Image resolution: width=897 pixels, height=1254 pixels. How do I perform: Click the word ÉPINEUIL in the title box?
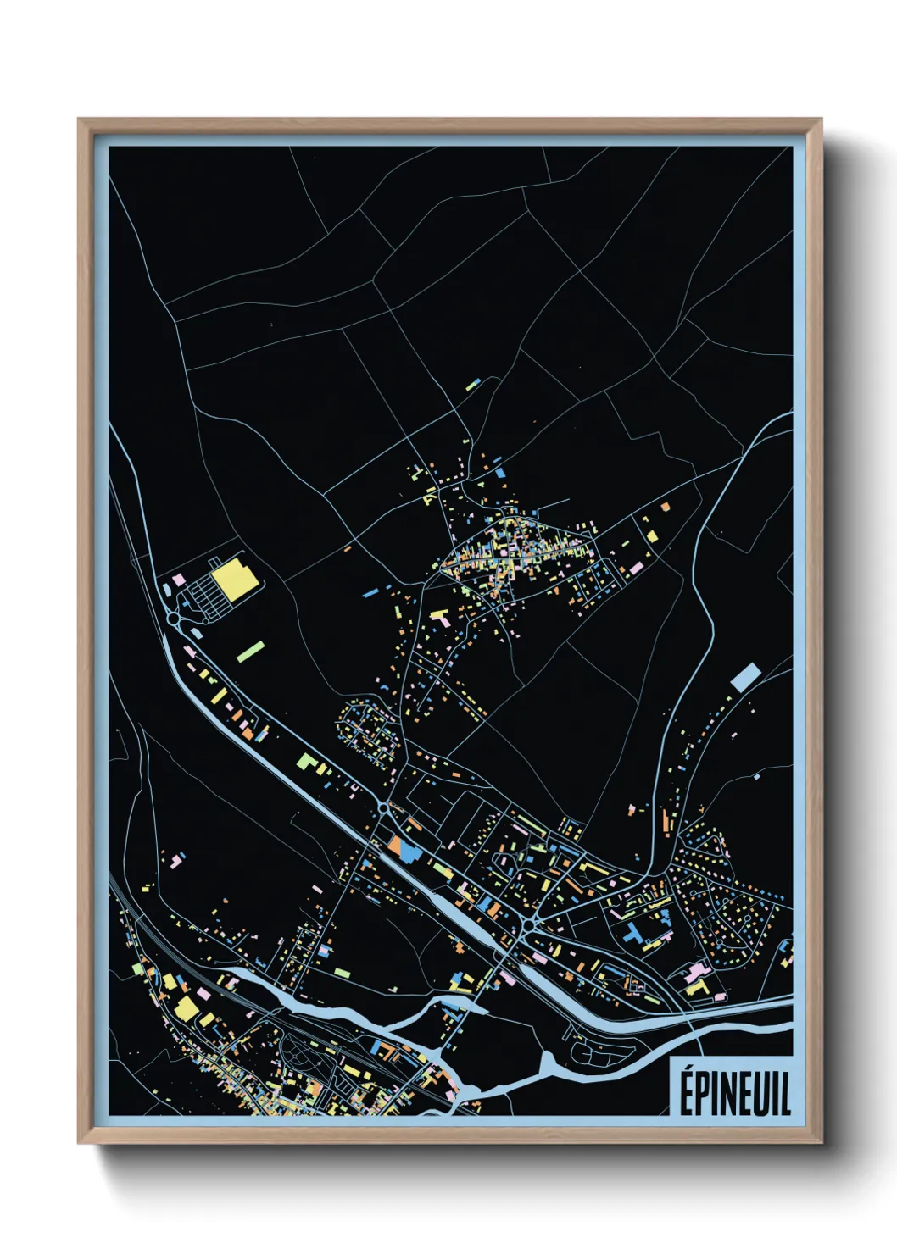(734, 1092)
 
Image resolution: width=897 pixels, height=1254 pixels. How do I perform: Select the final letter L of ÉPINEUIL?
(784, 1094)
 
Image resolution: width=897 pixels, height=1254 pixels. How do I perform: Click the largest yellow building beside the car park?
(235, 578)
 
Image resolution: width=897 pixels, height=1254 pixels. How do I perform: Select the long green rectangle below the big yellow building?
(251, 651)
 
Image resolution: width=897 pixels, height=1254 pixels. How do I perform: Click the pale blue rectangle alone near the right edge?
(745, 676)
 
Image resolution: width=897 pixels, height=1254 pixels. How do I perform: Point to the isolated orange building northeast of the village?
(666, 506)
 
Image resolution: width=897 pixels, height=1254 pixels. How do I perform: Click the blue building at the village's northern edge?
(499, 472)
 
